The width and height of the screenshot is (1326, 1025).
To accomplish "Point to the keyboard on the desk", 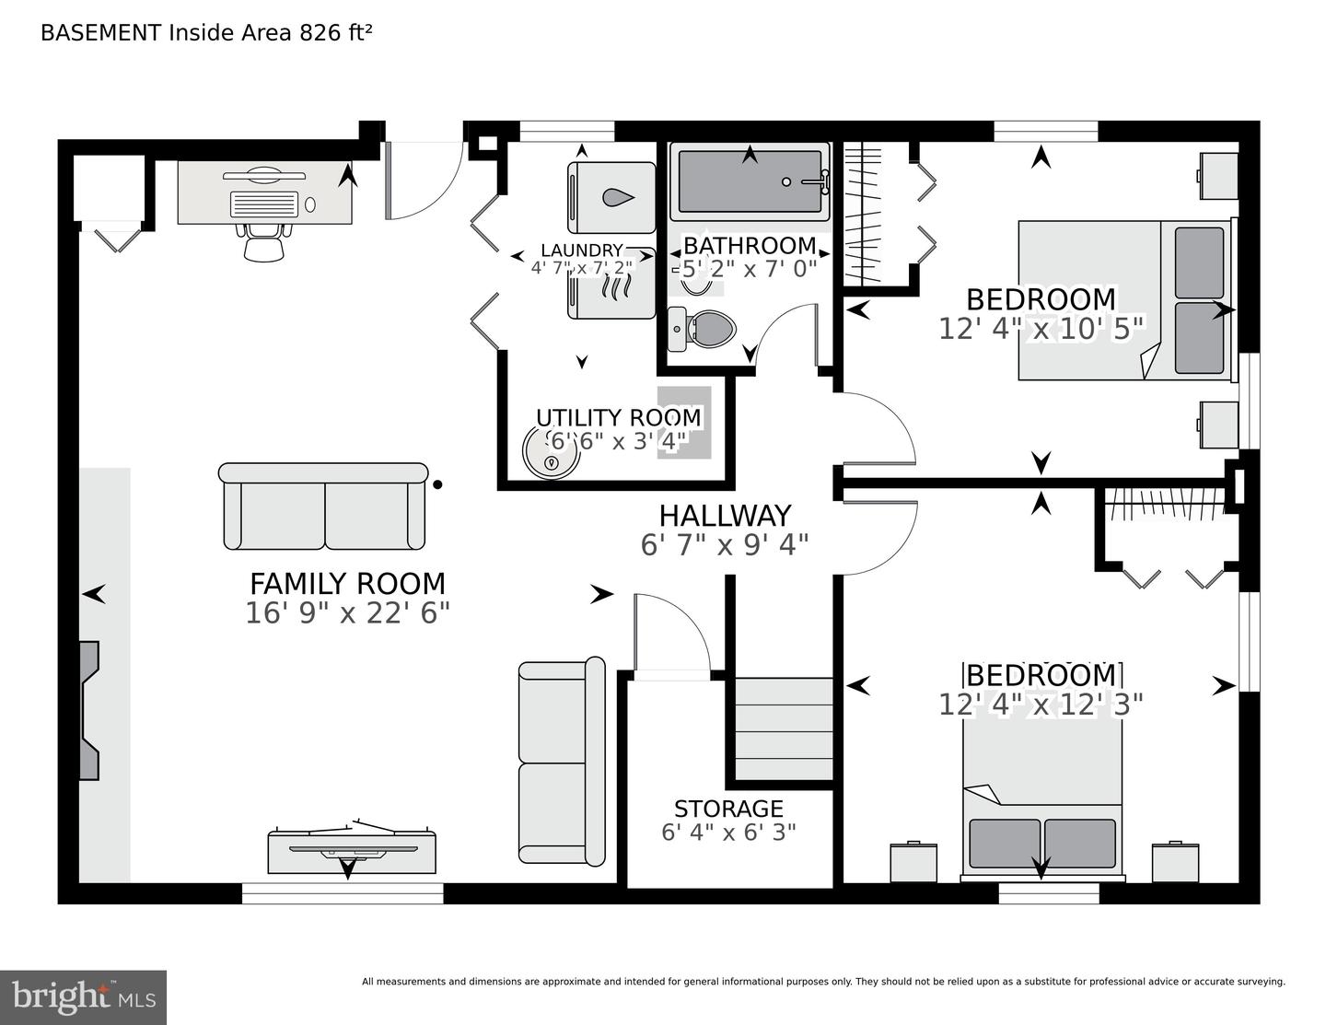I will coord(264,204).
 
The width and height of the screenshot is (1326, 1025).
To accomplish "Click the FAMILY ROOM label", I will coord(347,584).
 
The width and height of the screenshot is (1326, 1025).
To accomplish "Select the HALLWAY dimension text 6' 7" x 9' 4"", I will coord(724,545).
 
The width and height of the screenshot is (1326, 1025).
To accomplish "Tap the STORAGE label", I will coord(728,809).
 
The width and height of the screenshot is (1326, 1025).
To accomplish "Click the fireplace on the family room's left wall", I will coord(88,711).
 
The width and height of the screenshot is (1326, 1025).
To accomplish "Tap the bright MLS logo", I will coord(83,997).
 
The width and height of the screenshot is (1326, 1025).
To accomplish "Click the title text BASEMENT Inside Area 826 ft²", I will coord(206,33).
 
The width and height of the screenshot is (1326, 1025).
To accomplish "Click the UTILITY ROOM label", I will coord(618,418).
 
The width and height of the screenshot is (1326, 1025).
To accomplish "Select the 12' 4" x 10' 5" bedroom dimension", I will coord(1041,329).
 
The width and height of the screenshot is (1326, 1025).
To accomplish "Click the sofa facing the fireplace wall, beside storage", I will coord(562,762).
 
